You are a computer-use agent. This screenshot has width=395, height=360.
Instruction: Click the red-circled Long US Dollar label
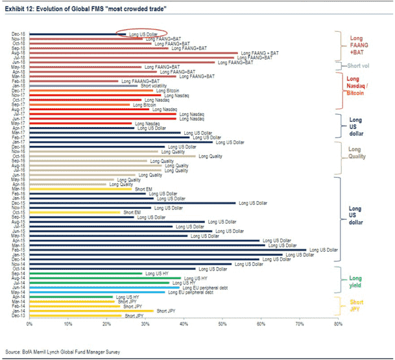click(x=143, y=34)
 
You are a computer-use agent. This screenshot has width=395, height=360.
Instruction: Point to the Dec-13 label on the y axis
click(x=18, y=316)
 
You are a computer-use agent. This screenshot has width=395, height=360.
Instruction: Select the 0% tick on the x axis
click(x=29, y=323)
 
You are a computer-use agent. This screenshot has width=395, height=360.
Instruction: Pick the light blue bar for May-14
click(x=97, y=293)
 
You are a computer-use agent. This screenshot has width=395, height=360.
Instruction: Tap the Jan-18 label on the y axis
click(x=18, y=86)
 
